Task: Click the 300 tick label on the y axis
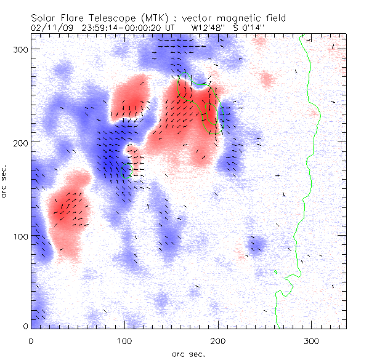[18, 49]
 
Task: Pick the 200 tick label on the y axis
[18, 142]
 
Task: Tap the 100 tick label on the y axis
[18, 236]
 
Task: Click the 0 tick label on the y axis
[24, 326]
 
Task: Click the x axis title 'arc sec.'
[188, 353]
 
